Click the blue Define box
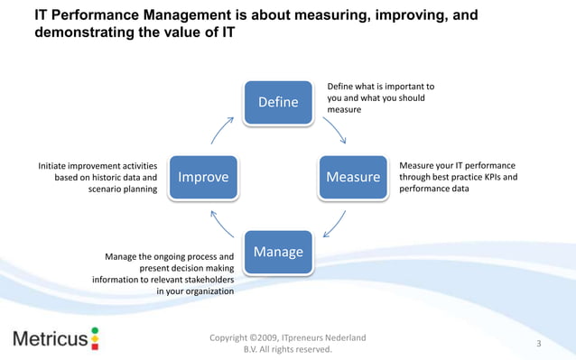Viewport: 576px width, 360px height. point(279,102)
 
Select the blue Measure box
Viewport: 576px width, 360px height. point(353,176)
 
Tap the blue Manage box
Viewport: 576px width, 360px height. point(279,252)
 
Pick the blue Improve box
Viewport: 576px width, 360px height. point(203,177)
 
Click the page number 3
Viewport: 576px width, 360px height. point(538,344)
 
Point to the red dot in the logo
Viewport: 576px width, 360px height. point(95,332)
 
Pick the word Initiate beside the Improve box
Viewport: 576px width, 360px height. point(56,165)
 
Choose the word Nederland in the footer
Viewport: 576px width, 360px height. point(343,337)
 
